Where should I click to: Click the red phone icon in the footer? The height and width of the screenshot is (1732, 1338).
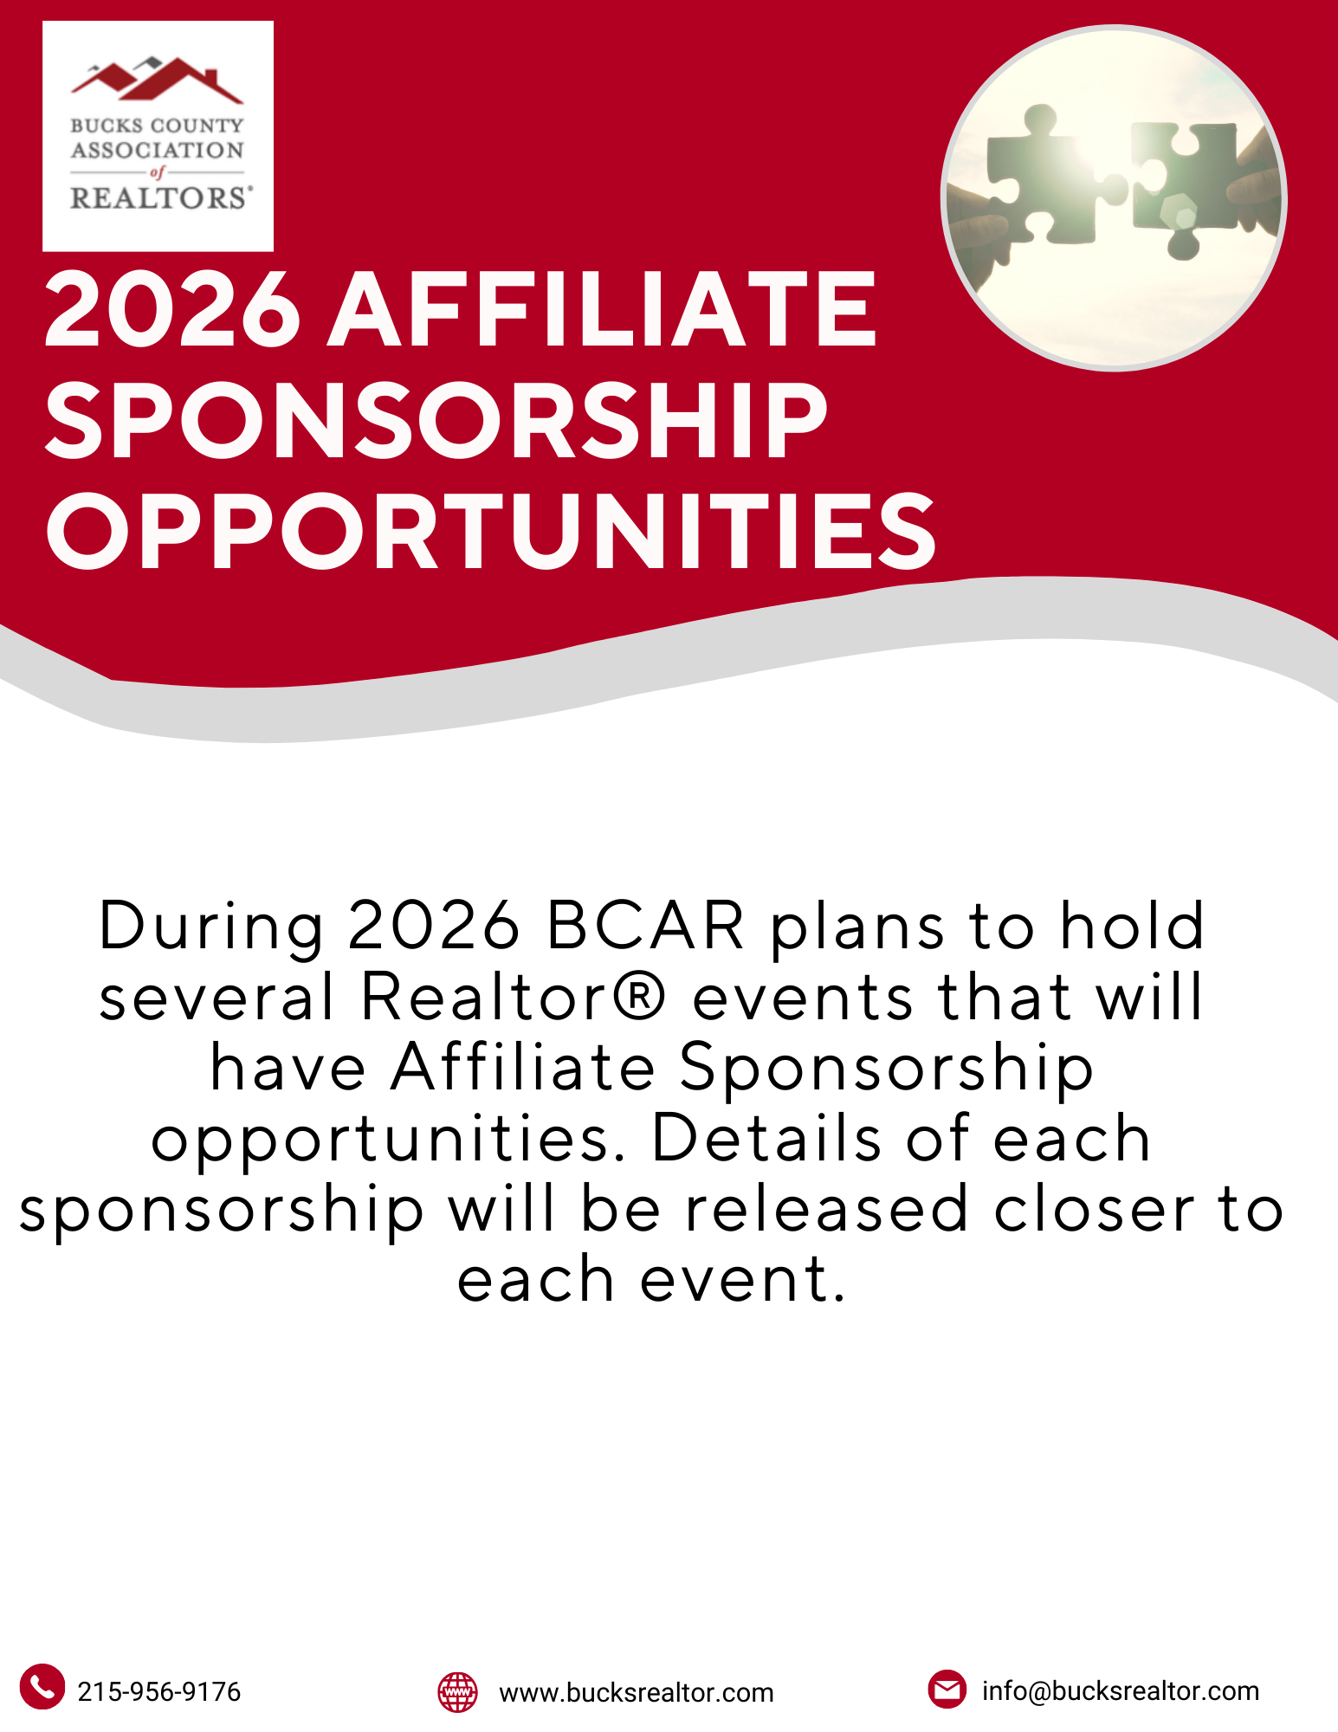[42, 1686]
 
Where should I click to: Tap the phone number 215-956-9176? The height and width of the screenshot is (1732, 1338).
[159, 1691]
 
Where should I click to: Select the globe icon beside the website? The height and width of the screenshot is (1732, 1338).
[457, 1691]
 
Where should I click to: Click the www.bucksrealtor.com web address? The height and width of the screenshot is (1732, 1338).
[637, 1692]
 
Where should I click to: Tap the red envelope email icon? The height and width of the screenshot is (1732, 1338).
[947, 1689]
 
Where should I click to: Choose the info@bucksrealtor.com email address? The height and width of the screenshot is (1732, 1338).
[1121, 1690]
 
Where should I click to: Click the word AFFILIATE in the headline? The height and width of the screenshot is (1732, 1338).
[603, 309]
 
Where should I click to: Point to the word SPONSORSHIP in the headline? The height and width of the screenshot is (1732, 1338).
[436, 420]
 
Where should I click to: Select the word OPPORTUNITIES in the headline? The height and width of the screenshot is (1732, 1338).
[491, 530]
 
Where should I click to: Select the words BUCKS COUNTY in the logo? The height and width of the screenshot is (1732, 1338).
[158, 126]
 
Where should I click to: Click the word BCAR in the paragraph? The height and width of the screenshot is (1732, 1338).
[645, 926]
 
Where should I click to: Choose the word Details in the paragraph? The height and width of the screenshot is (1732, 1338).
[767, 1137]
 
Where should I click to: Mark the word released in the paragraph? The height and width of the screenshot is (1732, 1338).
[827, 1209]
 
